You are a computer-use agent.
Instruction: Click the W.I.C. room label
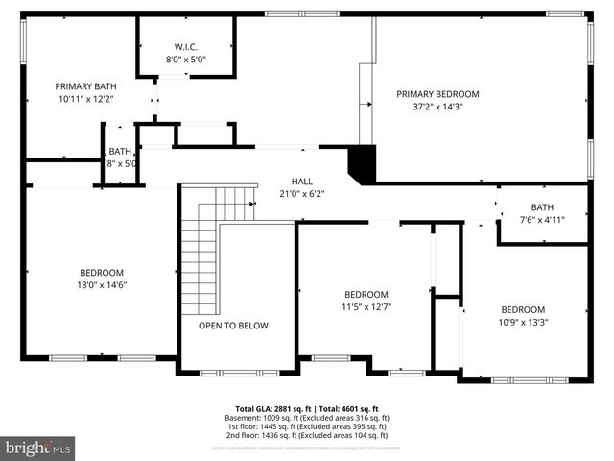click(185, 47)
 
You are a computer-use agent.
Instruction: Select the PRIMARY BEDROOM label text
click(437, 94)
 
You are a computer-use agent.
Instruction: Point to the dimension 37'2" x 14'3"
click(437, 107)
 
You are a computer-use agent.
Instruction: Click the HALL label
click(302, 181)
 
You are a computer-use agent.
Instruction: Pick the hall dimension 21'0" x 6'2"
click(302, 193)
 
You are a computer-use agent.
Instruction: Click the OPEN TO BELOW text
click(233, 326)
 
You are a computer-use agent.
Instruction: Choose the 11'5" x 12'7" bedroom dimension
click(366, 307)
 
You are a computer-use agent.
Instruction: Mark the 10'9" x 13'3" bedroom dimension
click(523, 323)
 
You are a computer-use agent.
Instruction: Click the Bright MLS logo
click(37, 448)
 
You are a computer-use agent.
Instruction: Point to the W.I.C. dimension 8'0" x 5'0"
click(185, 60)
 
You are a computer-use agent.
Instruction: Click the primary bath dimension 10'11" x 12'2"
click(86, 99)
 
